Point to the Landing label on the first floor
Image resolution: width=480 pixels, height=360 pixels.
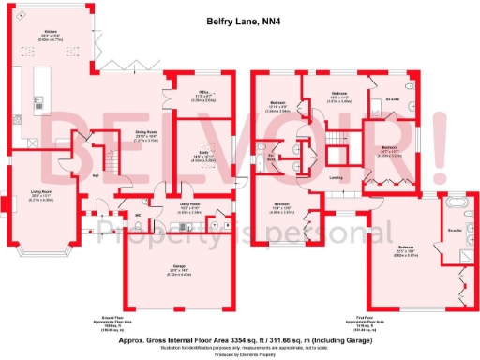pyautogui.click(x=334, y=177)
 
